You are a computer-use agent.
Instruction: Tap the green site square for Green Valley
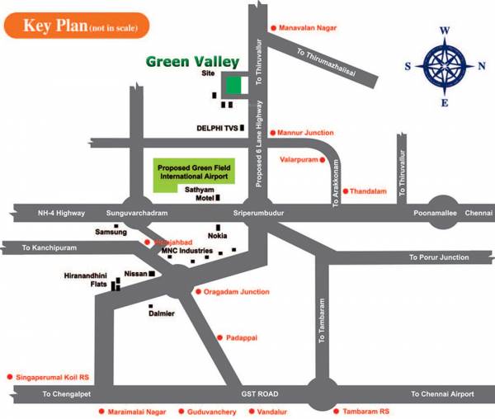234,84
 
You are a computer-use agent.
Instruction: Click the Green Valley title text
192,62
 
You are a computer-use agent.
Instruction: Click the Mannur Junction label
306,133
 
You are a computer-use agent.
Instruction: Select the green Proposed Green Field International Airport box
195,172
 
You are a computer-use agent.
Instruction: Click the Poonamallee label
436,213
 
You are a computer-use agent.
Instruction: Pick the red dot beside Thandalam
346,191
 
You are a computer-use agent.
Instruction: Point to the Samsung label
111,233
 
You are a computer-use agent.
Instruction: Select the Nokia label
218,236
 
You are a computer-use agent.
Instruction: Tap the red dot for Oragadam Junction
196,292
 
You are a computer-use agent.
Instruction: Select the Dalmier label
162,313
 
